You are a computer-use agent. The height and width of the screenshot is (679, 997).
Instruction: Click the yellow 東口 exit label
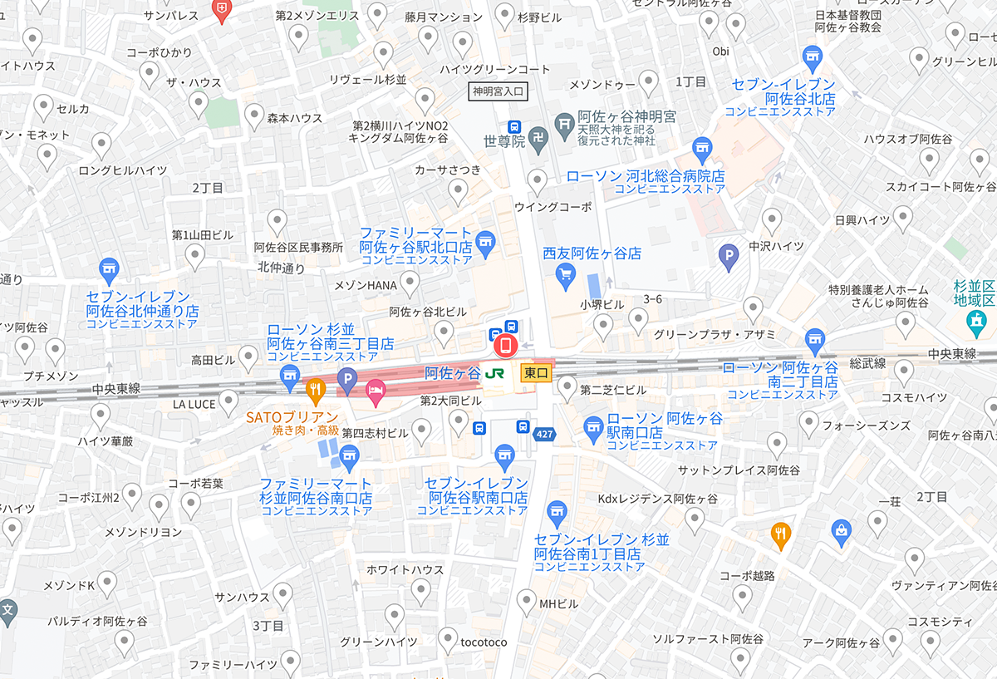[x=537, y=374]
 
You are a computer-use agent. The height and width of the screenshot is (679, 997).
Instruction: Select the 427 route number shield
[x=545, y=434]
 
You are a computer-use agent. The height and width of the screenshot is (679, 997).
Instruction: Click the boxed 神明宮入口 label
[x=497, y=91]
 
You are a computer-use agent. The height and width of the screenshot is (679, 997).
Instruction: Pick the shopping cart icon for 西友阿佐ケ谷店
[x=567, y=274]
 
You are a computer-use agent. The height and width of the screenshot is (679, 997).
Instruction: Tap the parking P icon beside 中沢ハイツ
[x=729, y=258]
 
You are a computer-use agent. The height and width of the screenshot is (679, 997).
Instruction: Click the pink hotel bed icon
[x=376, y=389]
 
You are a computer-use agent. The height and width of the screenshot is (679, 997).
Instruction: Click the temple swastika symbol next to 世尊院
[x=539, y=141]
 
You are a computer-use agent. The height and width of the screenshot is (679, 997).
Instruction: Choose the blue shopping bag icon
[x=842, y=529]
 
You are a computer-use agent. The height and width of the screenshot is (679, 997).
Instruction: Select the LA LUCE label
[x=194, y=404]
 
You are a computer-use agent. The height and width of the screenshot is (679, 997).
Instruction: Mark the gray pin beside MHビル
[x=526, y=601]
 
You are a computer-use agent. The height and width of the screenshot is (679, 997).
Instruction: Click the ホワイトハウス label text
[x=405, y=569]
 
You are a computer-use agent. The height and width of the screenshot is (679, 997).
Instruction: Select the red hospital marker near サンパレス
[x=222, y=11]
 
